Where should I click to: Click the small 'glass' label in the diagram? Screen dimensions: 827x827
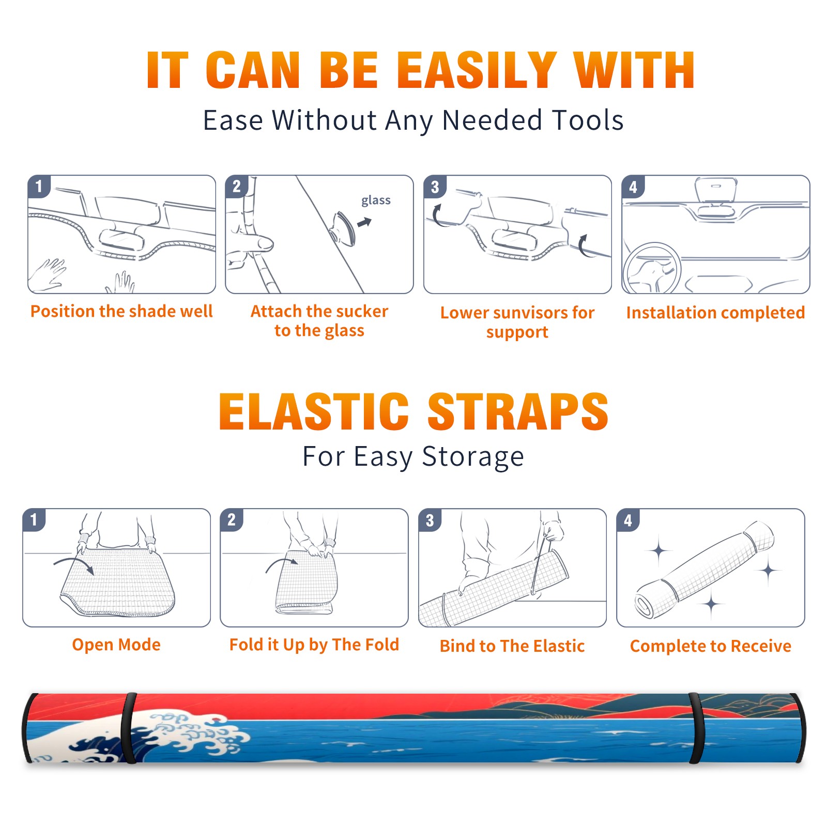tap(376, 200)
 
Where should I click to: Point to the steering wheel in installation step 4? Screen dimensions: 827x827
tap(652, 268)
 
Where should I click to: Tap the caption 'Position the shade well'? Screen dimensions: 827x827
tap(121, 311)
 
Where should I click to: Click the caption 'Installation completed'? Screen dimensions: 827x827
tap(715, 312)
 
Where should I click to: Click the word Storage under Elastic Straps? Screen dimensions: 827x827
tap(473, 457)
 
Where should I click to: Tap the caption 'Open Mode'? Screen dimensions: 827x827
tap(116, 645)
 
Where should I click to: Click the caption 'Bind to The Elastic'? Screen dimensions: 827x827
tap(512, 646)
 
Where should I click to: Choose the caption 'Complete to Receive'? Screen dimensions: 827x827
tap(711, 646)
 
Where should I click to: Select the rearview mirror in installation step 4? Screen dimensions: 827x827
tap(716, 190)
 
